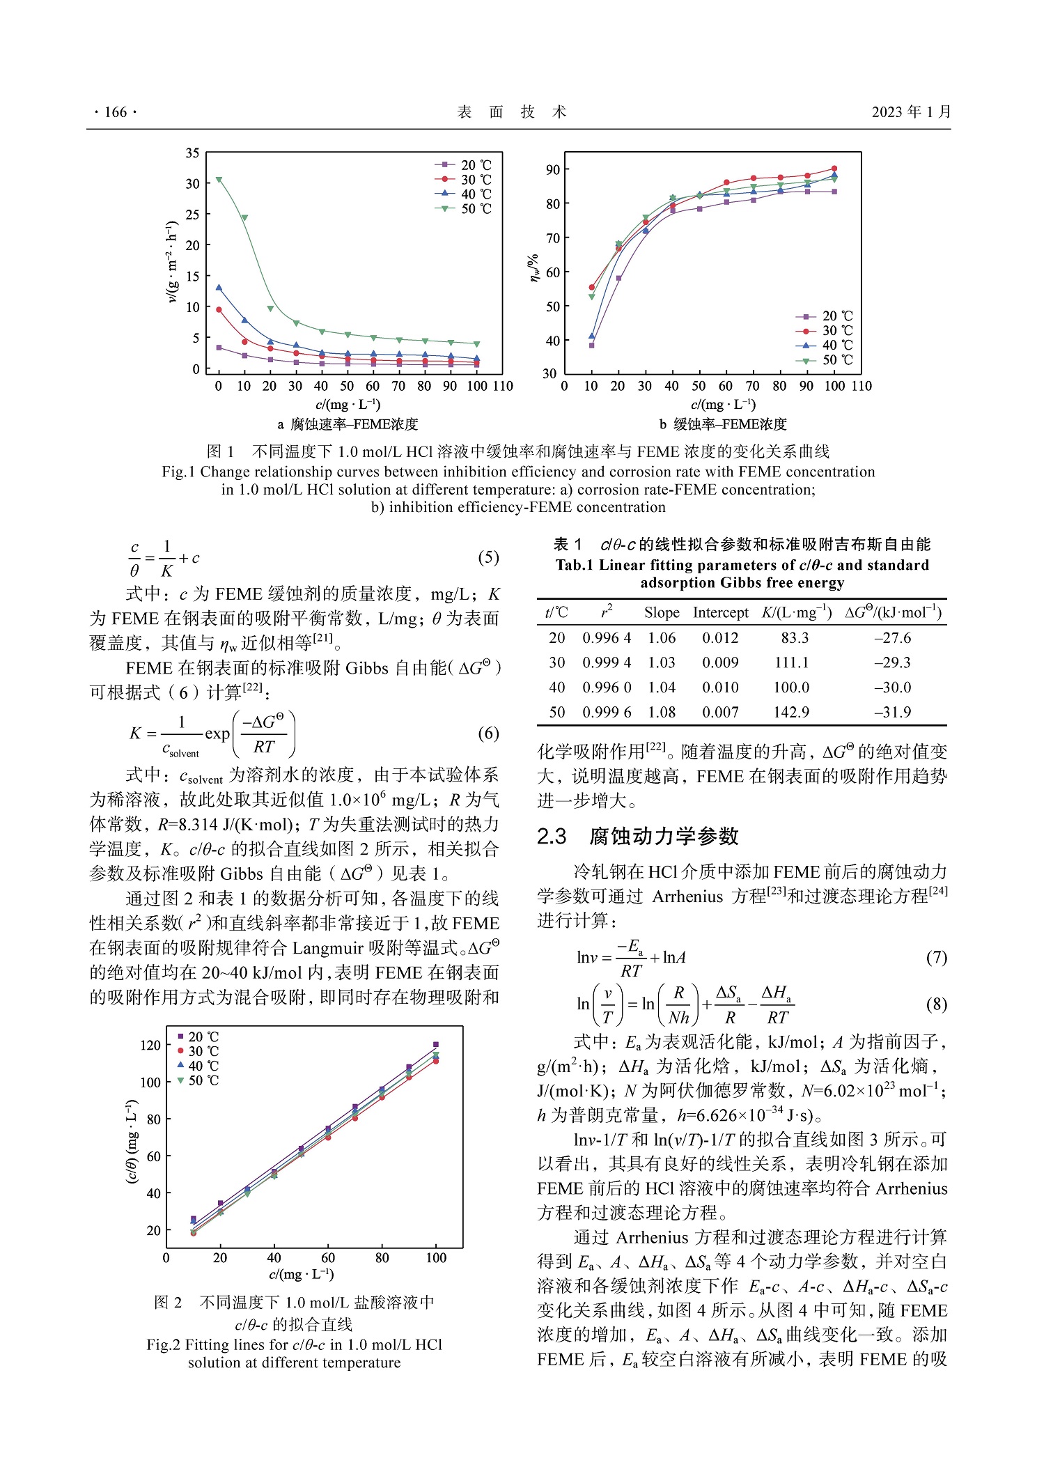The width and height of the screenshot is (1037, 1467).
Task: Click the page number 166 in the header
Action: pyautogui.click(x=116, y=112)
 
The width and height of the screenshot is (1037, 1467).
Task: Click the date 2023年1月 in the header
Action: pyautogui.click(x=910, y=112)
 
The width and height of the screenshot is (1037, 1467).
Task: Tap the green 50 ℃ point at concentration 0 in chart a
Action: pyautogui.click(x=219, y=180)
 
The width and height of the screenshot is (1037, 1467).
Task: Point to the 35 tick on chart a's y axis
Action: pyautogui.click(x=193, y=153)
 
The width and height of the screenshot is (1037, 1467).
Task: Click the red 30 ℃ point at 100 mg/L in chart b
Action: pyautogui.click(x=834, y=169)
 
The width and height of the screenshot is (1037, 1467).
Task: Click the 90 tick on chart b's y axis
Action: pyautogui.click(x=553, y=170)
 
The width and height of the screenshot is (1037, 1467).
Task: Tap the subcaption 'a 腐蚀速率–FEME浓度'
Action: pyautogui.click(x=348, y=424)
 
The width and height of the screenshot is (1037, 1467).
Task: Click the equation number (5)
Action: pyautogui.click(x=488, y=557)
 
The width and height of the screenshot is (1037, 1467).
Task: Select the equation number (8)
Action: pyautogui.click(x=936, y=1004)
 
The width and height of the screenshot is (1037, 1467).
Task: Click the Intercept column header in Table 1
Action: pyautogui.click(x=720, y=613)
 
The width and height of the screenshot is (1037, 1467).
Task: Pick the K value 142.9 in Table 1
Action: pyautogui.click(x=791, y=712)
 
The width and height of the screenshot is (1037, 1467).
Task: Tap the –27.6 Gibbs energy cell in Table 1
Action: pyautogui.click(x=892, y=638)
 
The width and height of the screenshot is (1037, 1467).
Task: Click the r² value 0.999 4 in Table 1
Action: pyautogui.click(x=607, y=662)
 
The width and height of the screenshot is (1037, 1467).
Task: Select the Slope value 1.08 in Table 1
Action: pyautogui.click(x=661, y=712)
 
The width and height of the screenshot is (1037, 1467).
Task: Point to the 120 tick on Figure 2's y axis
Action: pyautogui.click(x=150, y=1045)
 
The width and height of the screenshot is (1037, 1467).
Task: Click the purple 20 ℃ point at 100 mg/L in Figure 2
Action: pyautogui.click(x=436, y=1045)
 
